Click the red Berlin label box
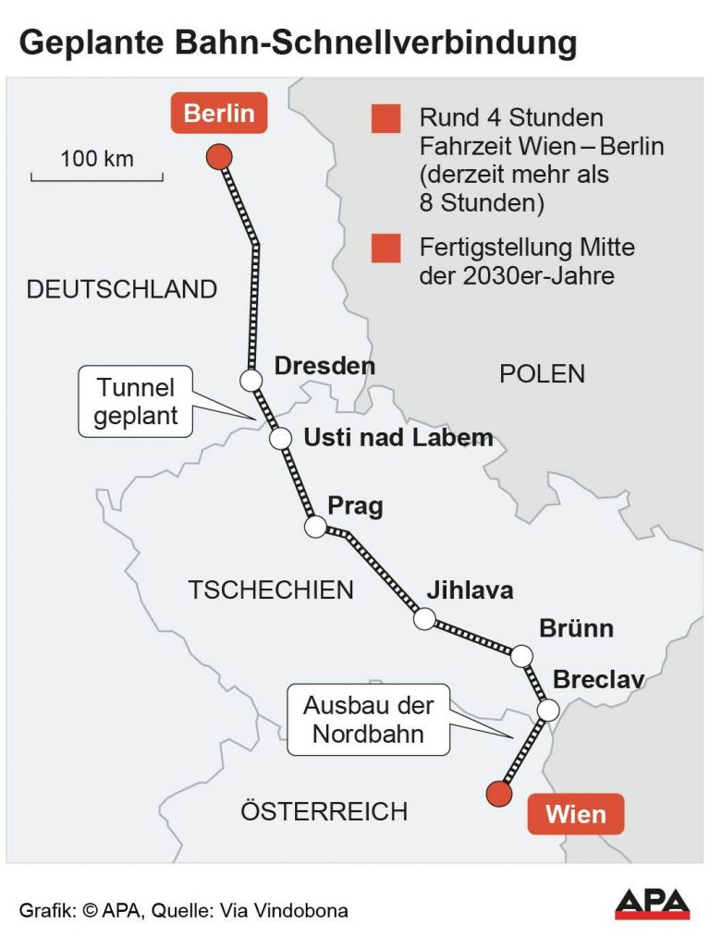pos(219,114)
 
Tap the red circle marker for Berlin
pos(218,156)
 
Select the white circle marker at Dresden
pos(250,379)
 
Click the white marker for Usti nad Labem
pos(280,438)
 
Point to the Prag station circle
pos(315,527)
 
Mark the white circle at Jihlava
pos(424,619)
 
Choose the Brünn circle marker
pos(522,656)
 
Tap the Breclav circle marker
pos(548,710)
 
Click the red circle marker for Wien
pos(498,793)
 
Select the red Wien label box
pos(575,815)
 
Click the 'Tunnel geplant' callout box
pos(135,401)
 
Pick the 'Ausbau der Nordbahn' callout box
pos(368,720)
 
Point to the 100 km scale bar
pos(97,176)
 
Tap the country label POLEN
pos(542,373)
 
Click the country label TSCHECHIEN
pos(271,589)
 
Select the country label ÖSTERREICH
pos(324,811)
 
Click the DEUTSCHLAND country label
pos(121,289)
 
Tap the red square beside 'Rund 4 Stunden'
pos(386,119)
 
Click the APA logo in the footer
pos(652,903)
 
